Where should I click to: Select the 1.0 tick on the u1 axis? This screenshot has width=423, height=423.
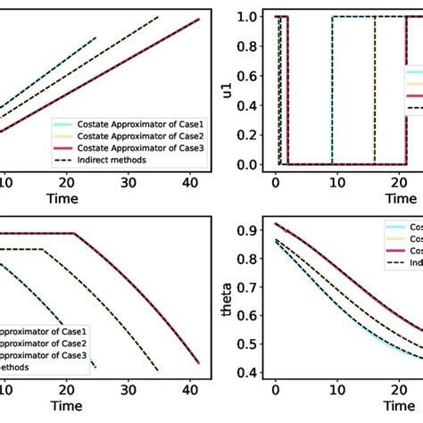coord(253,17)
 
